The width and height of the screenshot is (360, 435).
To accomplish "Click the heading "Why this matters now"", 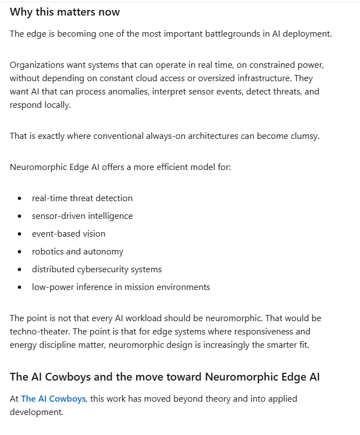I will tap(65, 12).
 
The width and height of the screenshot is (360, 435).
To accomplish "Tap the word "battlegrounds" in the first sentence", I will tap(223, 33).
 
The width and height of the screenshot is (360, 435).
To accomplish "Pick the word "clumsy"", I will tap(305, 136).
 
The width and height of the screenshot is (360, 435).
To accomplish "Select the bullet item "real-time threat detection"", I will tap(82, 198).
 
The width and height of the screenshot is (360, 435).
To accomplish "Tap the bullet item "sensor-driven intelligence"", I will tap(82, 216).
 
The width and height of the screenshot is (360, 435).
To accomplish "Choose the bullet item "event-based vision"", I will tap(68, 233).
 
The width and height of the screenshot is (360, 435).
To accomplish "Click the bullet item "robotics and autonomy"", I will tap(78, 251).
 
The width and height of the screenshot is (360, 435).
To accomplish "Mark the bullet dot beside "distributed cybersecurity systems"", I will tap(20, 269).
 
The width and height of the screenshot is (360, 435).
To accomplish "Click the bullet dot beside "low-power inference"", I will tap(20, 287).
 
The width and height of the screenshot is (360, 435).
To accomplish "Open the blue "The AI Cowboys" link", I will tap(53, 398).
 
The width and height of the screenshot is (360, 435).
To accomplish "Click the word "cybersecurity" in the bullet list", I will tap(103, 269).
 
